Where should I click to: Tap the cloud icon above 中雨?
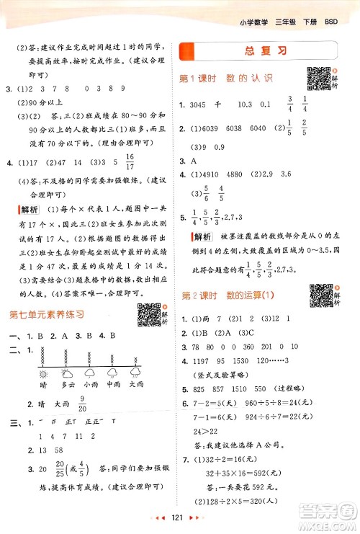(111, 373)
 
